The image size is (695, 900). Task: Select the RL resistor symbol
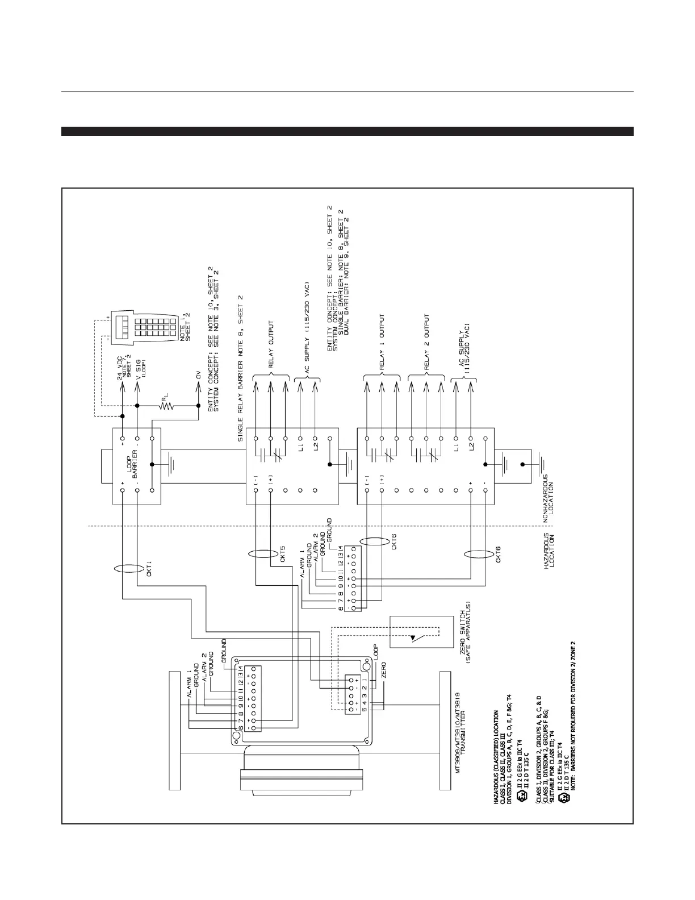[x=167, y=406]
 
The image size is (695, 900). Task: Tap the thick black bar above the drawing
[x=347, y=131]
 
